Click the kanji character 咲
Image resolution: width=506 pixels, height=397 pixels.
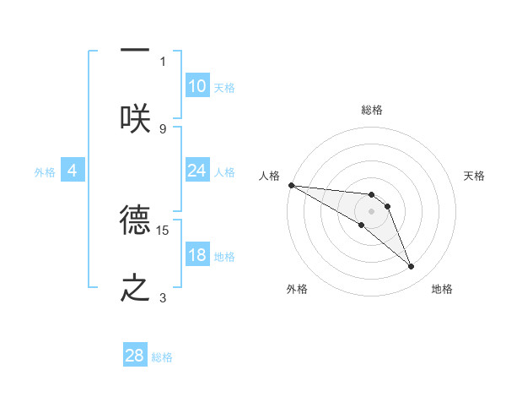(x=135, y=118)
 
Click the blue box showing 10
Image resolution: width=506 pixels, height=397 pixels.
(x=197, y=86)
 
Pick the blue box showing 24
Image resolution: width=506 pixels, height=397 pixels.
(x=197, y=171)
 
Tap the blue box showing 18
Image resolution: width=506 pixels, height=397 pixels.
(x=197, y=255)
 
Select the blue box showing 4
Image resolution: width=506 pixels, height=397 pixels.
(x=73, y=171)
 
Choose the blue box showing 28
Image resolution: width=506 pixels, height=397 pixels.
(x=135, y=356)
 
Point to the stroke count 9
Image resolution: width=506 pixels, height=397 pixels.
(x=163, y=128)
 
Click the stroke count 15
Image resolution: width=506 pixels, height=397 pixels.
(x=163, y=230)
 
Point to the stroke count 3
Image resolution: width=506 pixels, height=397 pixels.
(x=163, y=297)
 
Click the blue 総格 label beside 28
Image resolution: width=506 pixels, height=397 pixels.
(x=162, y=357)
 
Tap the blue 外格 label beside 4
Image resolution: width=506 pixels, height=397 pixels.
(x=45, y=172)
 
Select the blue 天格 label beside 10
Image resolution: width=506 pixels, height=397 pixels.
(x=224, y=88)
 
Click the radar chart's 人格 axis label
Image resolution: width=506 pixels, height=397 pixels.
(x=269, y=176)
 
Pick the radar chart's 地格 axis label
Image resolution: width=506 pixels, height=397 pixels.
(x=442, y=289)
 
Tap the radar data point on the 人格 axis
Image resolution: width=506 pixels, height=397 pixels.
(x=291, y=185)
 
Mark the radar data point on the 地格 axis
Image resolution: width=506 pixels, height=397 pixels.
(x=412, y=267)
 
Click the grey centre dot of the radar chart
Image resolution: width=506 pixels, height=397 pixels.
(x=371, y=210)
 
